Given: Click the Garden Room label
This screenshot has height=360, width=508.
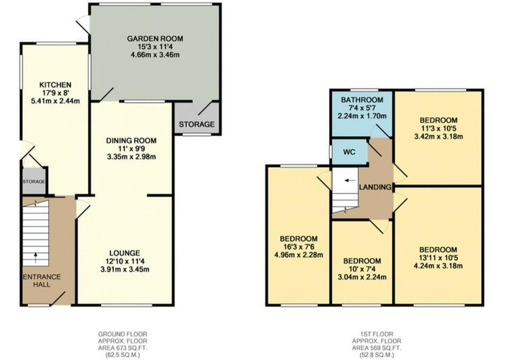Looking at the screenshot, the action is coord(155,39).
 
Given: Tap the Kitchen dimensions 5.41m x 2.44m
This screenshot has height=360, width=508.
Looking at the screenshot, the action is coord(55,101).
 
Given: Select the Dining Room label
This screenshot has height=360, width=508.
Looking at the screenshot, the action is coord(131,141).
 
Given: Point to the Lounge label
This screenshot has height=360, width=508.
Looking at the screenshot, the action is coord(125,253).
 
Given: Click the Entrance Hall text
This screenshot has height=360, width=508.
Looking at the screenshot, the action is coord(42,281).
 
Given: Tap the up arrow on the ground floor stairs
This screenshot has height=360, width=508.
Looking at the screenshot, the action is coord(35,258).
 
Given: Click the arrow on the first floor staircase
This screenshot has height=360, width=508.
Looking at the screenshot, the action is coord(350,180).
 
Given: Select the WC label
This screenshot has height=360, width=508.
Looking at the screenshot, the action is coord(350,152).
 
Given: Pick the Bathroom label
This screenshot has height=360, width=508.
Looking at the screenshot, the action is coord(362,100).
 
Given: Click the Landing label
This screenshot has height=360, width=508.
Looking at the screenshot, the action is coord(375,187).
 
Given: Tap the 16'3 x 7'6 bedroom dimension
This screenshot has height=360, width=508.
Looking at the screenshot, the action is coord(299,247).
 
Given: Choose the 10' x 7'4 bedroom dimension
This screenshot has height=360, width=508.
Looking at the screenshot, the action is coord(362,269).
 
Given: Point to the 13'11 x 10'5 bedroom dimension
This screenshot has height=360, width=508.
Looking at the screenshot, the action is coord(438,258).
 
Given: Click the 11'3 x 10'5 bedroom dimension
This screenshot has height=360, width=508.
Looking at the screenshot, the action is coord(438,129).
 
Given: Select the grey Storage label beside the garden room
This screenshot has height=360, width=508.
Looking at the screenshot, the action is coord(196,125).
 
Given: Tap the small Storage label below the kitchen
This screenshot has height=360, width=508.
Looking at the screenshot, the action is coord(34,181).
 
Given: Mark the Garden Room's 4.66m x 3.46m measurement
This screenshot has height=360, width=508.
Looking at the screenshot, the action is coord(155,55).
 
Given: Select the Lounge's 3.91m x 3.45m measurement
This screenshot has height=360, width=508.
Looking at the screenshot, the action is coord(125,269).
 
